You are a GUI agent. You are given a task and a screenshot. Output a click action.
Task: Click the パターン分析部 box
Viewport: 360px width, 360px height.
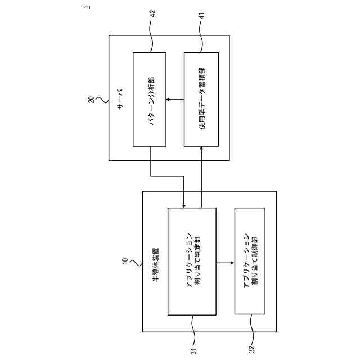pyautogui.click(x=149, y=99)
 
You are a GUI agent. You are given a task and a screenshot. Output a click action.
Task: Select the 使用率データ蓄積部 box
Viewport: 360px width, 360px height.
pyautogui.click(x=201, y=99)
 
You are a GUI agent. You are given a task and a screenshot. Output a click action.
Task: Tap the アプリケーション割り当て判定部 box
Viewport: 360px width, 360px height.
pyautogui.click(x=192, y=262)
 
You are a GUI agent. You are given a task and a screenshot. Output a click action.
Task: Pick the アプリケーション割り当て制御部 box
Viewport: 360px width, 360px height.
pyautogui.click(x=250, y=262)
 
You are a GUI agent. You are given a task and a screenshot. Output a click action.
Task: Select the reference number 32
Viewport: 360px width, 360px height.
pyautogui.click(x=251, y=350)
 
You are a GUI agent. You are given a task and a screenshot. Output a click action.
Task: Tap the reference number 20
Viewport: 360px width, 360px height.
pyautogui.click(x=91, y=100)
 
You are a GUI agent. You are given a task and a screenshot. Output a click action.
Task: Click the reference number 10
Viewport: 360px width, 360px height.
pyautogui.click(x=125, y=262)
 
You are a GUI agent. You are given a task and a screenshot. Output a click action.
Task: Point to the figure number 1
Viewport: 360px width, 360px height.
pyautogui.click(x=87, y=7)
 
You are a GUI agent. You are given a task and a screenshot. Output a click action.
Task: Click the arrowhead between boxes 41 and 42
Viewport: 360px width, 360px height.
pyautogui.click(x=169, y=100)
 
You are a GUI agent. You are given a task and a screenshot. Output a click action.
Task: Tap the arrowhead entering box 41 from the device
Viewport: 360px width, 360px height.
pyautogui.click(x=201, y=148)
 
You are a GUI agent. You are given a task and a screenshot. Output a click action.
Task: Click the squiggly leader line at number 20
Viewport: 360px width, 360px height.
pyautogui.click(x=102, y=100)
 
